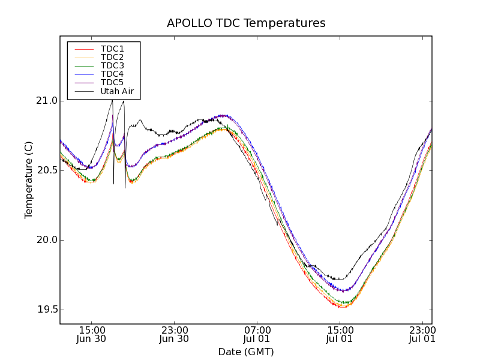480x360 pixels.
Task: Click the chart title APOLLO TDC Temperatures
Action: [x=246, y=23]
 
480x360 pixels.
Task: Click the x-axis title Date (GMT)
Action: [x=246, y=352]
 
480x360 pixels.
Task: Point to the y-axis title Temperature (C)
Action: [x=29, y=179]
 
